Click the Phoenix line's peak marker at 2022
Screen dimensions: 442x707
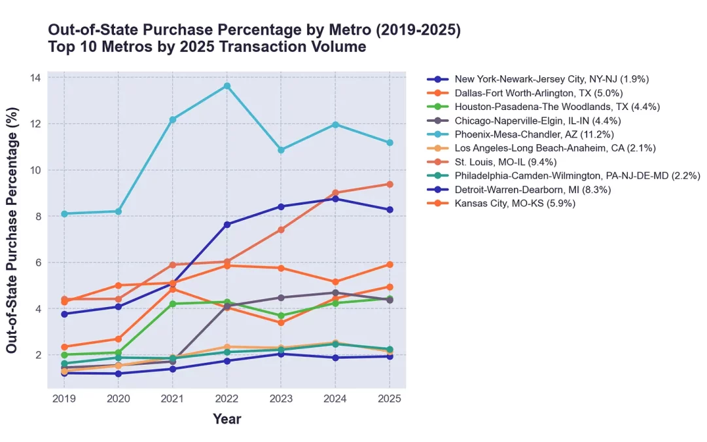[x=227, y=86]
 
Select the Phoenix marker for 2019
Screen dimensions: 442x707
[x=64, y=213]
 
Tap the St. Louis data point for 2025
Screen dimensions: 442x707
[x=390, y=184]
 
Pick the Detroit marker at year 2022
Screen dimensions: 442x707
[x=227, y=225]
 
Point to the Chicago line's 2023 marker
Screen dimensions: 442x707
[x=281, y=297]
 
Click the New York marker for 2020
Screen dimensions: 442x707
[x=118, y=373]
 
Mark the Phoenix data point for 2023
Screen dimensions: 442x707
[x=281, y=150]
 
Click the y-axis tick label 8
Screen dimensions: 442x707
[x=37, y=217]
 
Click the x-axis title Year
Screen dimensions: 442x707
[x=227, y=419]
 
